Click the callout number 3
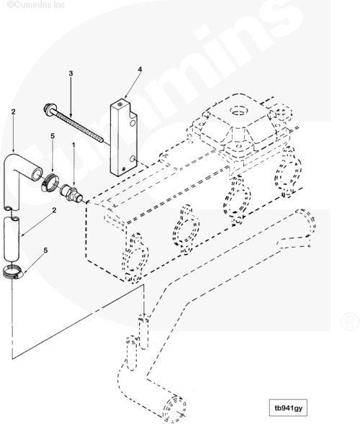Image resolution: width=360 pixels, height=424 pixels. tap(71, 73)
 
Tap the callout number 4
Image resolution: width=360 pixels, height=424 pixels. tap(140, 70)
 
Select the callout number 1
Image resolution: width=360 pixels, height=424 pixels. tap(73, 145)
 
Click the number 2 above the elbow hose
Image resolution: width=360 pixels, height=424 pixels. tap(13, 112)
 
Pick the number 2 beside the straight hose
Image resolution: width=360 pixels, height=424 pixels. tap(54, 209)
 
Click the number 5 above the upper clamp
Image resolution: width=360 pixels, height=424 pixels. tap(53, 136)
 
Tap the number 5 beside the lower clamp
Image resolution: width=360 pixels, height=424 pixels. tap(45, 251)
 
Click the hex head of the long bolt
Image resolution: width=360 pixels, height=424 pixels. tap(48, 108)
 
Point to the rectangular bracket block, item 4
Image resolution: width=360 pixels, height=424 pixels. tap(123, 139)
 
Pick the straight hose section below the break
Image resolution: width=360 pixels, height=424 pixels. tap(12, 239)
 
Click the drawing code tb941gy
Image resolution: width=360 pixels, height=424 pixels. tap(288, 407)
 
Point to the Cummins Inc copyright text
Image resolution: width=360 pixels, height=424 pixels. tap(36, 4)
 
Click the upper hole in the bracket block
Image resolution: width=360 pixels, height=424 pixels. tap(132, 124)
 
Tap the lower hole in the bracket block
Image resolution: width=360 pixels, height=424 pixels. tap(132, 159)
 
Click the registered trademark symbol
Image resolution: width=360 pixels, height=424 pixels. tap(349, 322)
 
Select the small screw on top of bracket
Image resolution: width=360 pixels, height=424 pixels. tap(120, 102)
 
